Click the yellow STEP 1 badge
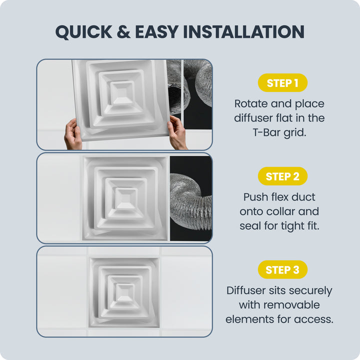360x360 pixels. point(282,82)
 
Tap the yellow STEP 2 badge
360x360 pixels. point(282,176)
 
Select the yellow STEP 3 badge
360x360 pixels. point(282,269)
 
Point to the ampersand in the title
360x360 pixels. point(123,31)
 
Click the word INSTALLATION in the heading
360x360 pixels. point(244,31)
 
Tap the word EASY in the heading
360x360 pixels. point(157,31)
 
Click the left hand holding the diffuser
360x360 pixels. point(73,134)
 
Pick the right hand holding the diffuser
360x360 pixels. point(177,132)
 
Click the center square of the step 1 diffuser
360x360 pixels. point(121,93)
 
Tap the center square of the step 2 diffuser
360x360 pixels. point(126,199)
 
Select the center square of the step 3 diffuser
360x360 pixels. point(125,292)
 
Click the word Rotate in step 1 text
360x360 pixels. point(250,104)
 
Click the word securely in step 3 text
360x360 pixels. point(310,291)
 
